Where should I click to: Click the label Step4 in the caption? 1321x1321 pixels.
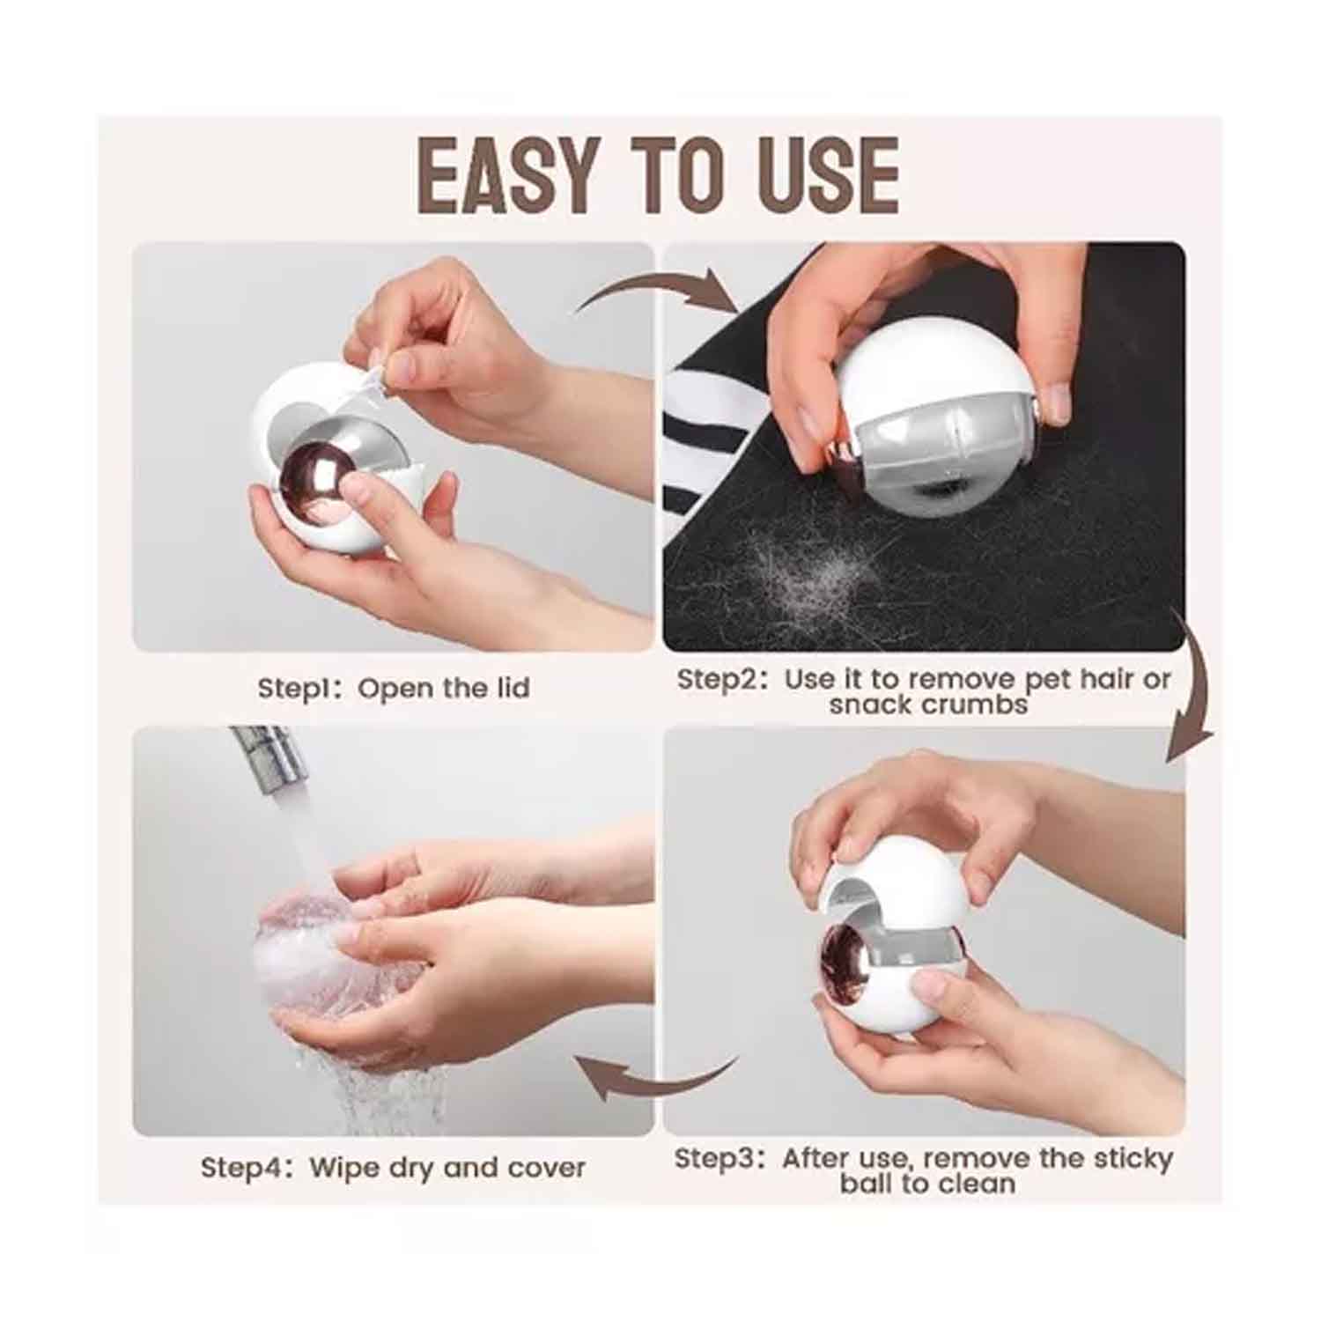point(241,1168)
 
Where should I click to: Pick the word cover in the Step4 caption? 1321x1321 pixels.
point(546,1169)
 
